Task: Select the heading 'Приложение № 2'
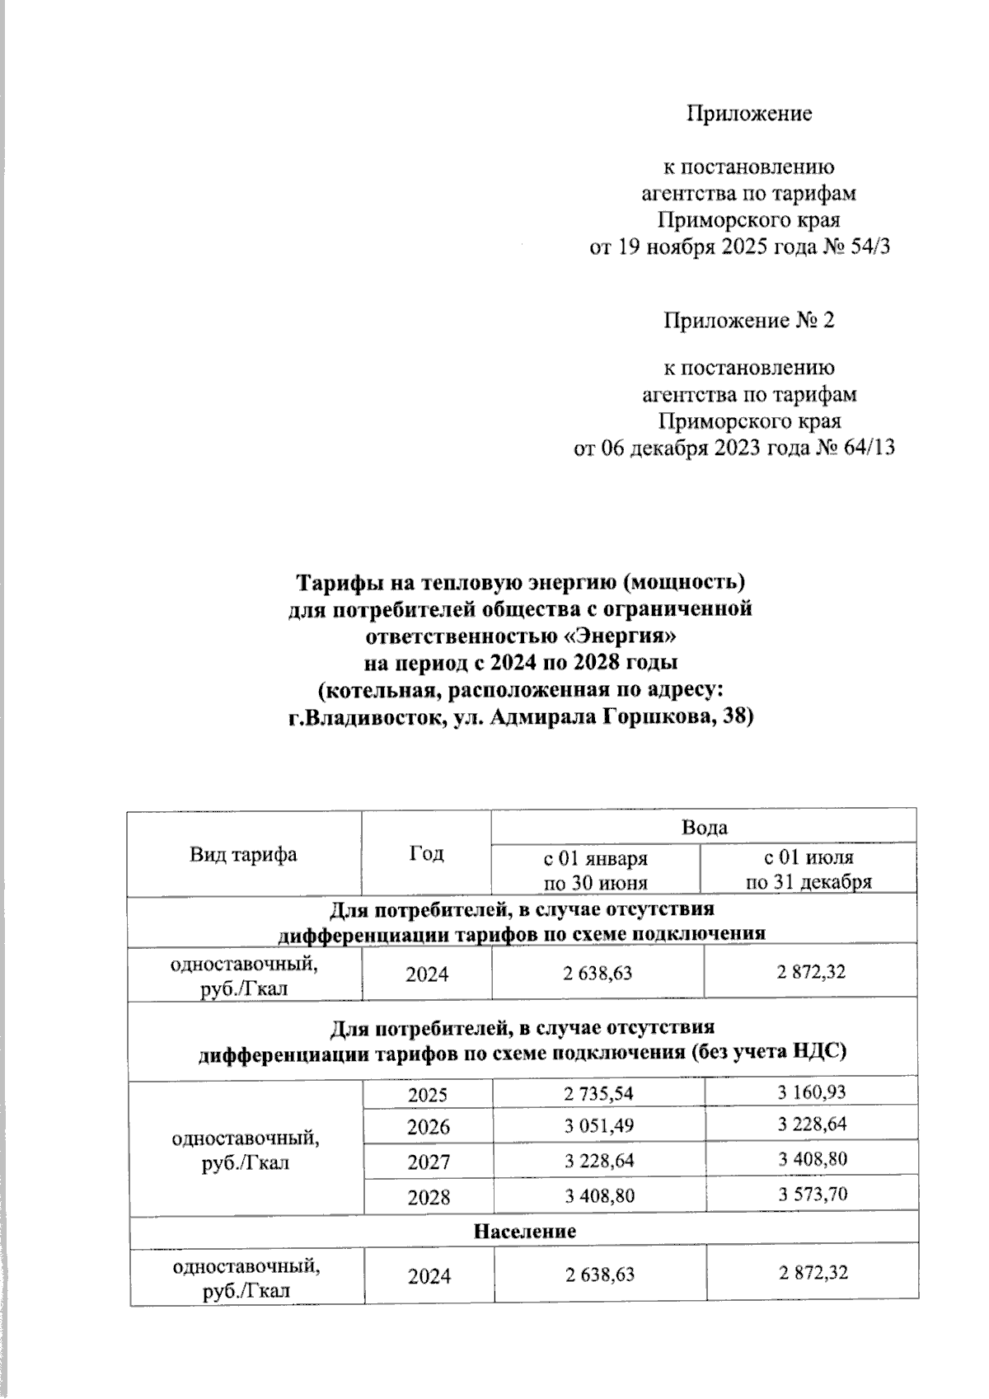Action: [x=749, y=320]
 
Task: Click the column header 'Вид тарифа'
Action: [x=243, y=854]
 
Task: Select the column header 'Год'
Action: [x=426, y=854]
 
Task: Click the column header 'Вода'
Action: [x=704, y=827]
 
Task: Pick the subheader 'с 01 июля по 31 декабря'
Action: [x=809, y=870]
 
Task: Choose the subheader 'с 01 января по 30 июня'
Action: [x=595, y=870]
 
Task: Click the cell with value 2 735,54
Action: [x=599, y=1094]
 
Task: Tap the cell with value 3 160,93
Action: [x=813, y=1092]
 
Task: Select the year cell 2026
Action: [x=429, y=1127]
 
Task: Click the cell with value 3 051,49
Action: [x=599, y=1126]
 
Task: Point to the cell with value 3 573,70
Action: [x=813, y=1193]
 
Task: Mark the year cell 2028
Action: [x=429, y=1196]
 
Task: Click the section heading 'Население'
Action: [x=524, y=1231]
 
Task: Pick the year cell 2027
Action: [x=429, y=1162]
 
